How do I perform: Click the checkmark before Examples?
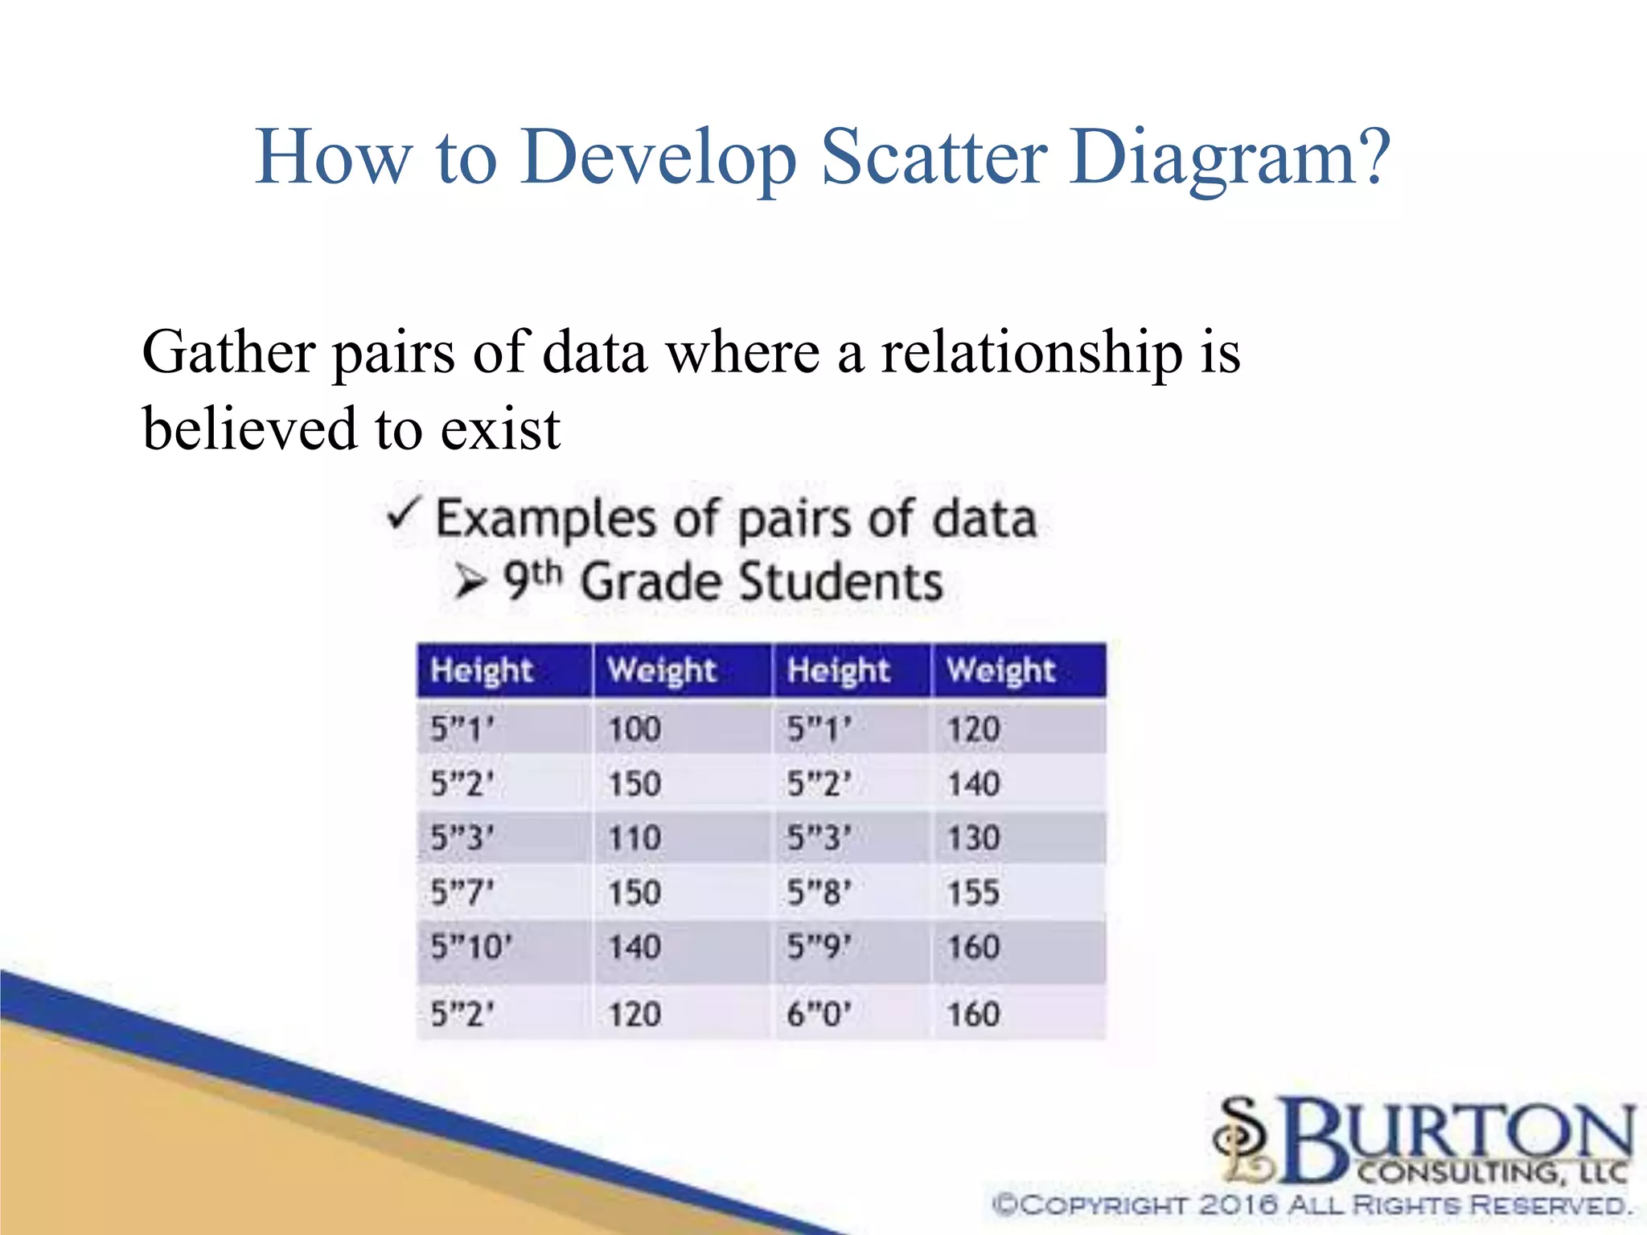click(x=403, y=515)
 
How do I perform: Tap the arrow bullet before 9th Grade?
click(x=470, y=581)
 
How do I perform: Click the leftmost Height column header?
click(x=481, y=671)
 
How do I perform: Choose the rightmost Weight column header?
click(x=1000, y=671)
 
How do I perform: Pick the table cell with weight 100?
click(x=635, y=729)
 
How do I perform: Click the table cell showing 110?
click(x=635, y=839)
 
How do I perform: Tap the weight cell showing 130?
click(x=973, y=839)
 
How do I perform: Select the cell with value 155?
click(x=973, y=892)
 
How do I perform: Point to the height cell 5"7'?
click(x=462, y=892)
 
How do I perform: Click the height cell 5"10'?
click(x=471, y=947)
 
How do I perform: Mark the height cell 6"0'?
click(x=819, y=1014)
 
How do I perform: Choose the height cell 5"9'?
click(x=819, y=947)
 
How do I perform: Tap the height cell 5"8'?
click(x=819, y=892)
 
